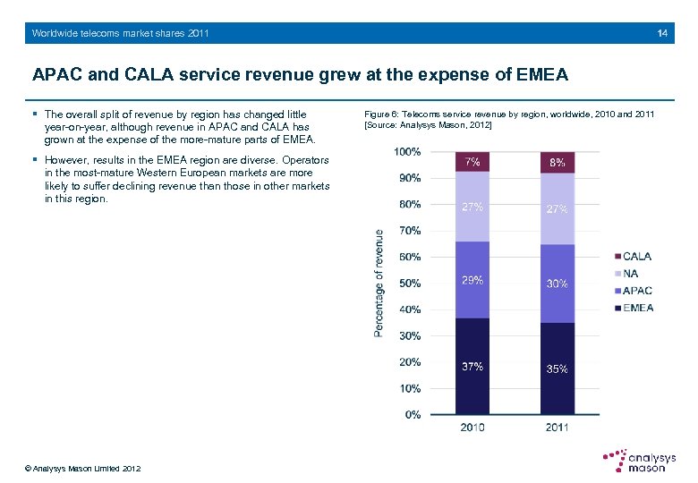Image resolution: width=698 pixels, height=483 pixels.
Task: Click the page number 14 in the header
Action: coord(662,33)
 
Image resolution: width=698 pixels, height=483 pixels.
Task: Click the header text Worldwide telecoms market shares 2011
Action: coord(120,33)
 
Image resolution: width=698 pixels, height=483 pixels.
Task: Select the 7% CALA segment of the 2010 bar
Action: coord(472,162)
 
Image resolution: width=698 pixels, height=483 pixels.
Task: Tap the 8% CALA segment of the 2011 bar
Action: coord(557,163)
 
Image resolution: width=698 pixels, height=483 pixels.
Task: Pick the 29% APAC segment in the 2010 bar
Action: coord(472,280)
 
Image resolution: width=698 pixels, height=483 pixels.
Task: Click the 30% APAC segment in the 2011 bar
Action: coord(557,284)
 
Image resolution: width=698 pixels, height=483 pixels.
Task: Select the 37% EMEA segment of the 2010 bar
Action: coord(472,366)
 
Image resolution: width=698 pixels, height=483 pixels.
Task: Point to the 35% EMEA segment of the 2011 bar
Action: coord(557,369)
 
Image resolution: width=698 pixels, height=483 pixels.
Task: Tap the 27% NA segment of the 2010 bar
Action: coord(472,207)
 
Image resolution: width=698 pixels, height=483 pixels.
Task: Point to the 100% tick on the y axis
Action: coord(407,152)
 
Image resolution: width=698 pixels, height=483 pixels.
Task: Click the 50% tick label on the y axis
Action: coord(409,284)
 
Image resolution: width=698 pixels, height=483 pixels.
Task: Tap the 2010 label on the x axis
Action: coord(472,428)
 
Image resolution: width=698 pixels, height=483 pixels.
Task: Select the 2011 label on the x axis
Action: coord(557,428)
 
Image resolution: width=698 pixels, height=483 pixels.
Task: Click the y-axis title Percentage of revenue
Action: coord(379,284)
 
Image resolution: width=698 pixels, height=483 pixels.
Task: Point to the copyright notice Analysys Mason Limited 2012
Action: coord(82,469)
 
